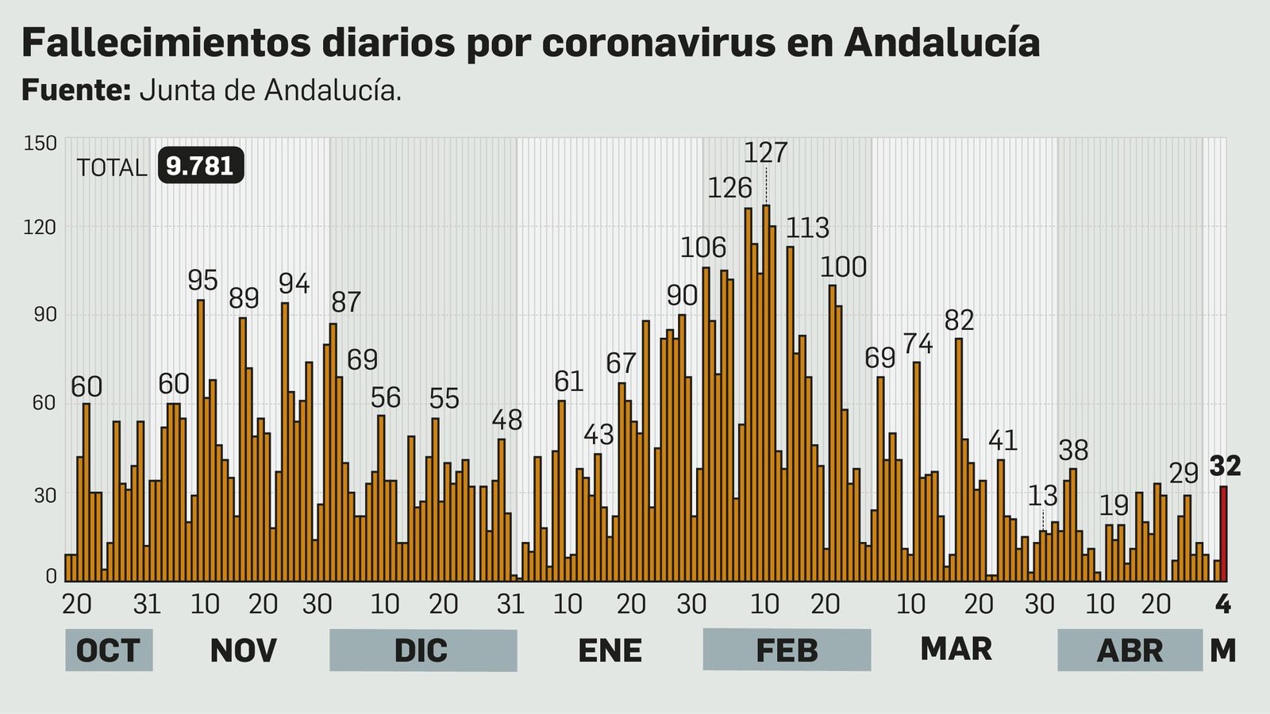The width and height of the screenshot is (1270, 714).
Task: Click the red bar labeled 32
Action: (1223, 533)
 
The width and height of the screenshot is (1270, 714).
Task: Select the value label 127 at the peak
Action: (766, 152)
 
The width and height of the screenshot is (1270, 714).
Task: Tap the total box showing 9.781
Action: (200, 166)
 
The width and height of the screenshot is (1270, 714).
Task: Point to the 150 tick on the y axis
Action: (40, 144)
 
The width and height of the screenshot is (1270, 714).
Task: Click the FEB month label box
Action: (787, 651)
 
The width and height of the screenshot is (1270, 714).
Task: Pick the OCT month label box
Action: (108, 651)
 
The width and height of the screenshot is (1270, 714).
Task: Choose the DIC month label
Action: (422, 651)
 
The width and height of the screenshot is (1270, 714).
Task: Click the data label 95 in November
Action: (202, 280)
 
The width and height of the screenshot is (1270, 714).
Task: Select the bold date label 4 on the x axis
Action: (1223, 605)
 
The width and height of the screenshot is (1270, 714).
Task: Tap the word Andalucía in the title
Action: (942, 41)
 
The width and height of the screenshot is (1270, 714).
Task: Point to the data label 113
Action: (807, 228)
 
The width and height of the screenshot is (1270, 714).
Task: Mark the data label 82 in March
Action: (959, 321)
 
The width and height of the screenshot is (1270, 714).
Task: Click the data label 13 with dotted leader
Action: (1042, 496)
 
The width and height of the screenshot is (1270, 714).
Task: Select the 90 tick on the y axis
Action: (44, 314)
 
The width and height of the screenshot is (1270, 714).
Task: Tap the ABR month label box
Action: (1130, 651)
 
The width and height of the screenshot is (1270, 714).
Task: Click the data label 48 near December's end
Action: (507, 420)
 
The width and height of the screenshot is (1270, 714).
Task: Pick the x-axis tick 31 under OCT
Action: (147, 605)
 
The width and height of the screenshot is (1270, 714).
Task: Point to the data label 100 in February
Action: (843, 267)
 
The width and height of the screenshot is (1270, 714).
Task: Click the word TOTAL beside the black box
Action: (112, 168)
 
